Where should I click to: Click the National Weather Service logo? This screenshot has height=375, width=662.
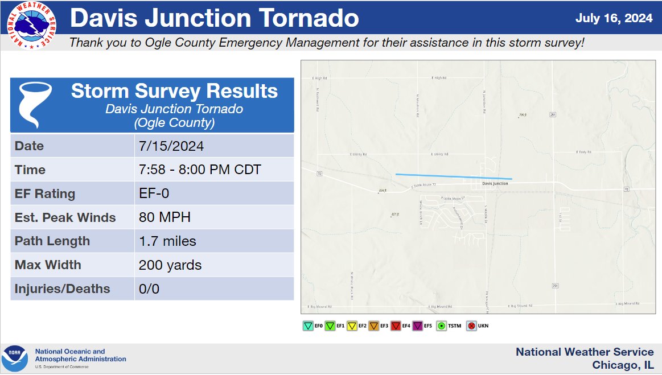click(31, 26)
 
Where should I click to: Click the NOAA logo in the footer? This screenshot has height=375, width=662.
click(15, 358)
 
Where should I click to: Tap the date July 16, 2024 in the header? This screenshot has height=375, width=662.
click(614, 18)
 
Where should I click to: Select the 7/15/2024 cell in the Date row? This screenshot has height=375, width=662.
click(171, 146)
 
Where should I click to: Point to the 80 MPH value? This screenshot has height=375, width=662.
click(165, 217)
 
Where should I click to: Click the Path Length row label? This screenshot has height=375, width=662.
click(52, 241)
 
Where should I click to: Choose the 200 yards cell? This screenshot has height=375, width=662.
click(170, 265)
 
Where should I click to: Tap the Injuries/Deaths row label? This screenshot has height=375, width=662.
click(62, 289)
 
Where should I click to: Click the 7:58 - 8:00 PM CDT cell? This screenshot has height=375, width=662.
click(200, 170)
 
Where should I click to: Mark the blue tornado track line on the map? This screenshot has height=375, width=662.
click(453, 176)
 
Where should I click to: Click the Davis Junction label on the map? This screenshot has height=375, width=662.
click(495, 184)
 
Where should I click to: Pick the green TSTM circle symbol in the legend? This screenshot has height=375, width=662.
click(441, 326)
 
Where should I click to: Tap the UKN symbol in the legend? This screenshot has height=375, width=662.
click(471, 326)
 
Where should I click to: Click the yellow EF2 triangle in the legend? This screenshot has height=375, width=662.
click(352, 326)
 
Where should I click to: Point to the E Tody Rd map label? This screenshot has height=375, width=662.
click(583, 153)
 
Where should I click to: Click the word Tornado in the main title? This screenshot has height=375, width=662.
click(303, 18)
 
